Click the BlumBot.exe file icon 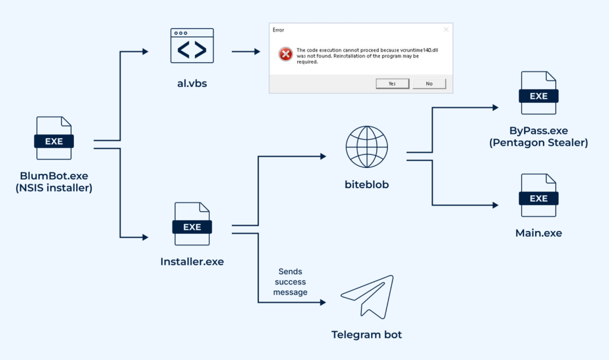click(x=54, y=138)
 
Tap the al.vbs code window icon click(x=192, y=45)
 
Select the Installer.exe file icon click(x=192, y=224)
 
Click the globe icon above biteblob click(x=367, y=147)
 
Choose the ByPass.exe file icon click(x=538, y=93)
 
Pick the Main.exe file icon click(x=538, y=196)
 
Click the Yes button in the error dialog click(x=393, y=83)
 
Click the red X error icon click(x=286, y=54)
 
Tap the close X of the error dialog click(x=446, y=29)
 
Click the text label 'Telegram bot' click(x=367, y=334)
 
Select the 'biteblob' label click(x=367, y=184)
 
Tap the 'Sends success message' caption click(x=290, y=281)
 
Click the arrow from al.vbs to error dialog click(x=246, y=52)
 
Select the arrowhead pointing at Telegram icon click(x=323, y=302)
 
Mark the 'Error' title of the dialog click(x=278, y=29)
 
